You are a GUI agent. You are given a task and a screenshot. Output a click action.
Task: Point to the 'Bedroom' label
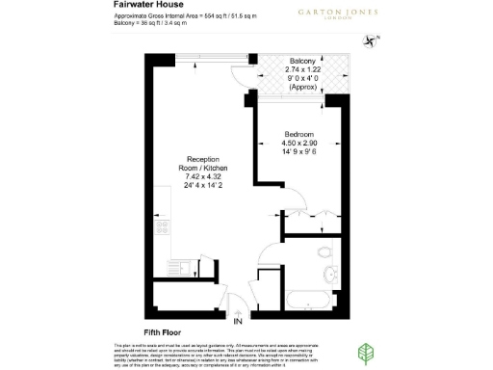click(x=298, y=134)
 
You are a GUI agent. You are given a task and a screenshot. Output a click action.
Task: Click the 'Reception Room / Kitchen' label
click(x=202, y=164)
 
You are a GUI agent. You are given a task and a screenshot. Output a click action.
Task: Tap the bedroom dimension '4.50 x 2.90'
click(x=298, y=144)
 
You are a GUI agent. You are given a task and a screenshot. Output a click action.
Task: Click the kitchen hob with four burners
click(x=163, y=228)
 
